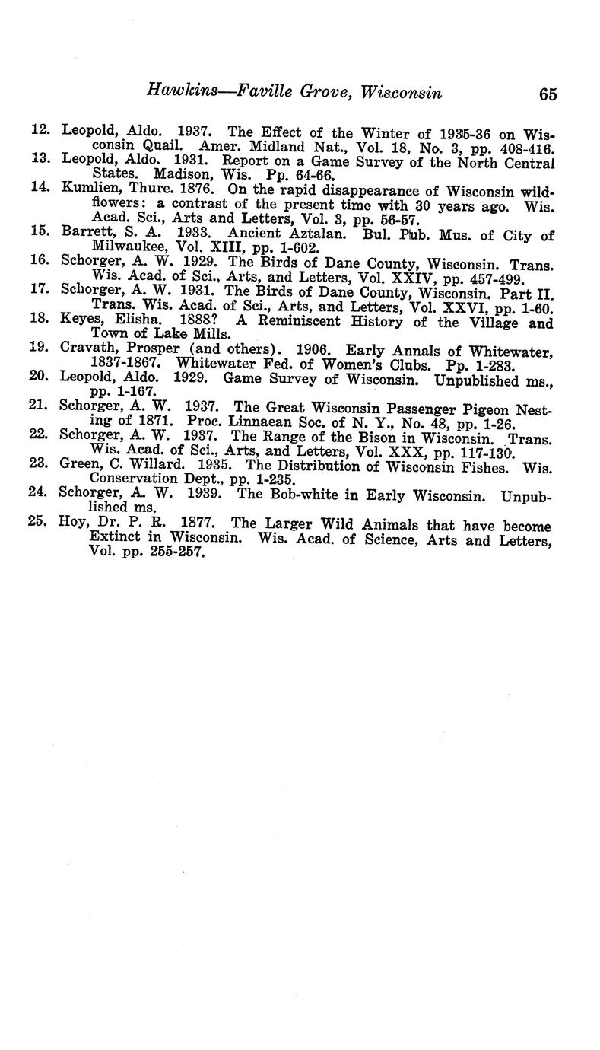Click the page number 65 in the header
point(548,94)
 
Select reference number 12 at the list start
point(40,131)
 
